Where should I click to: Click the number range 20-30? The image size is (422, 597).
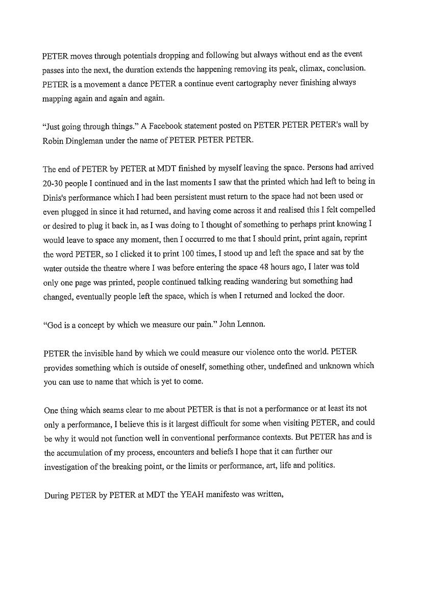click(x=55, y=183)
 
